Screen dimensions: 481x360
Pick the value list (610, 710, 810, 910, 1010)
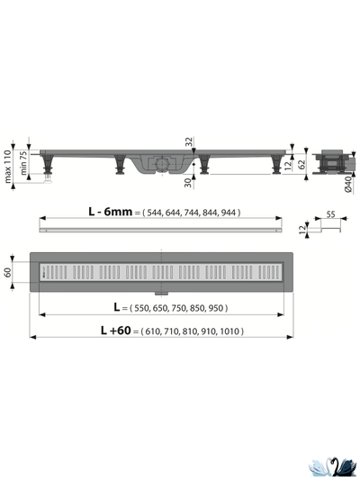(189, 331)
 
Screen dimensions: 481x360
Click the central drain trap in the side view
(159, 165)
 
